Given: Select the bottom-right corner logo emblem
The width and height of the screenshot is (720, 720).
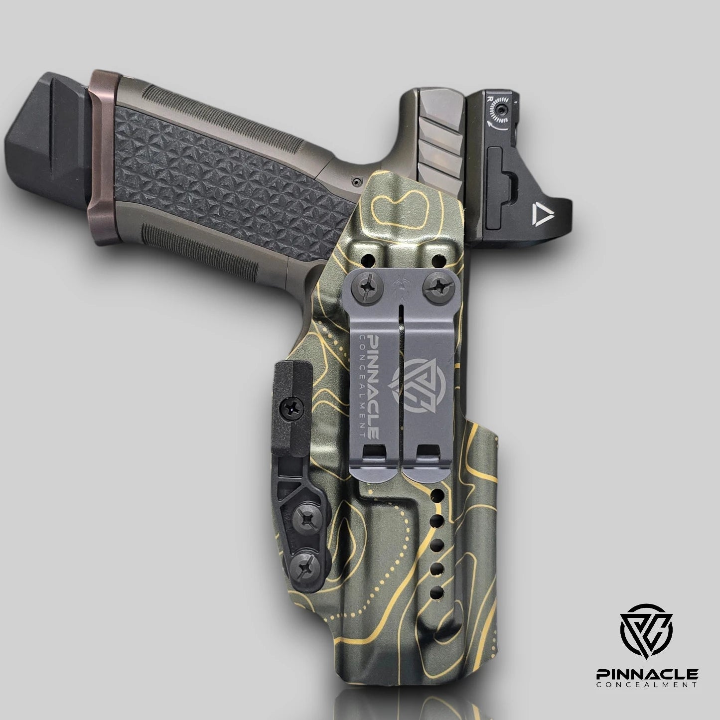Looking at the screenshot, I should click(x=646, y=630).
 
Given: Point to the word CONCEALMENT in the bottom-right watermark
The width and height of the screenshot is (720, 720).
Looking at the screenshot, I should click(x=647, y=686).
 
